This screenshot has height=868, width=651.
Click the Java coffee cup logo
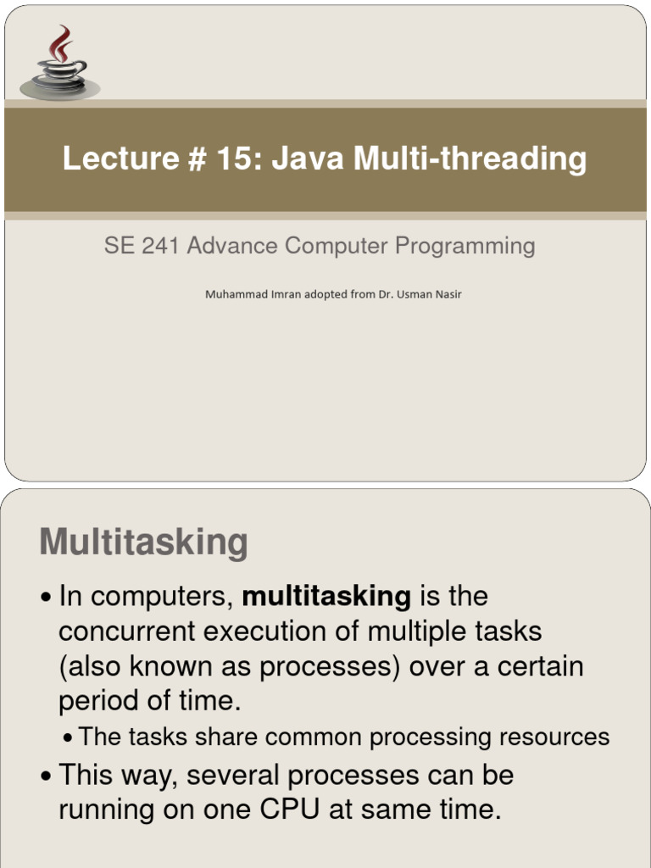(60, 63)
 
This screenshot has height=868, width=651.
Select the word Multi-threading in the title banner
(470, 159)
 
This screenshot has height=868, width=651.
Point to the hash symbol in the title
(197, 159)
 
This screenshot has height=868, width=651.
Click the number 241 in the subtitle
(160, 246)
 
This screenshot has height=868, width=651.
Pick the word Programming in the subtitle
(465, 247)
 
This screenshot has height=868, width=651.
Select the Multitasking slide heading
(144, 542)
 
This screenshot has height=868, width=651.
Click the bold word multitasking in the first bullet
(326, 597)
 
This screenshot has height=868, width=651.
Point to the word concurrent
(127, 632)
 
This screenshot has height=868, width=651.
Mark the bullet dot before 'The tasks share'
(68, 738)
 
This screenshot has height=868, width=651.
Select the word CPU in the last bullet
(290, 810)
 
